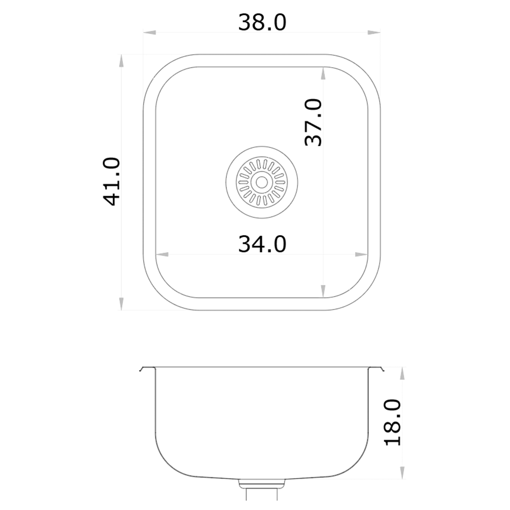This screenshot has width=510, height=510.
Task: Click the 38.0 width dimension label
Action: [262, 23]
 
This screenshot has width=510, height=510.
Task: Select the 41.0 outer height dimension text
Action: [113, 181]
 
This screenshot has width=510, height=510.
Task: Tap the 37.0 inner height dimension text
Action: [314, 123]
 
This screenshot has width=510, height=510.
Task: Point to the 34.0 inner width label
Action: [262, 244]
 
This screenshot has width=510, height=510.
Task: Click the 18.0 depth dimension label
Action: [393, 422]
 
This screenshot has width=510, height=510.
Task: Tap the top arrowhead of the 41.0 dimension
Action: [122, 61]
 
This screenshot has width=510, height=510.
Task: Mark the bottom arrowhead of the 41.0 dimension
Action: [122, 303]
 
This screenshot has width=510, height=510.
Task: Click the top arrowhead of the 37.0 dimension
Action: [323, 74]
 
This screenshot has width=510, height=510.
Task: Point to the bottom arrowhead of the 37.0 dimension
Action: [323, 291]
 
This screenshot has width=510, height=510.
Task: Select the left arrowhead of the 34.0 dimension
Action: [163, 255]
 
